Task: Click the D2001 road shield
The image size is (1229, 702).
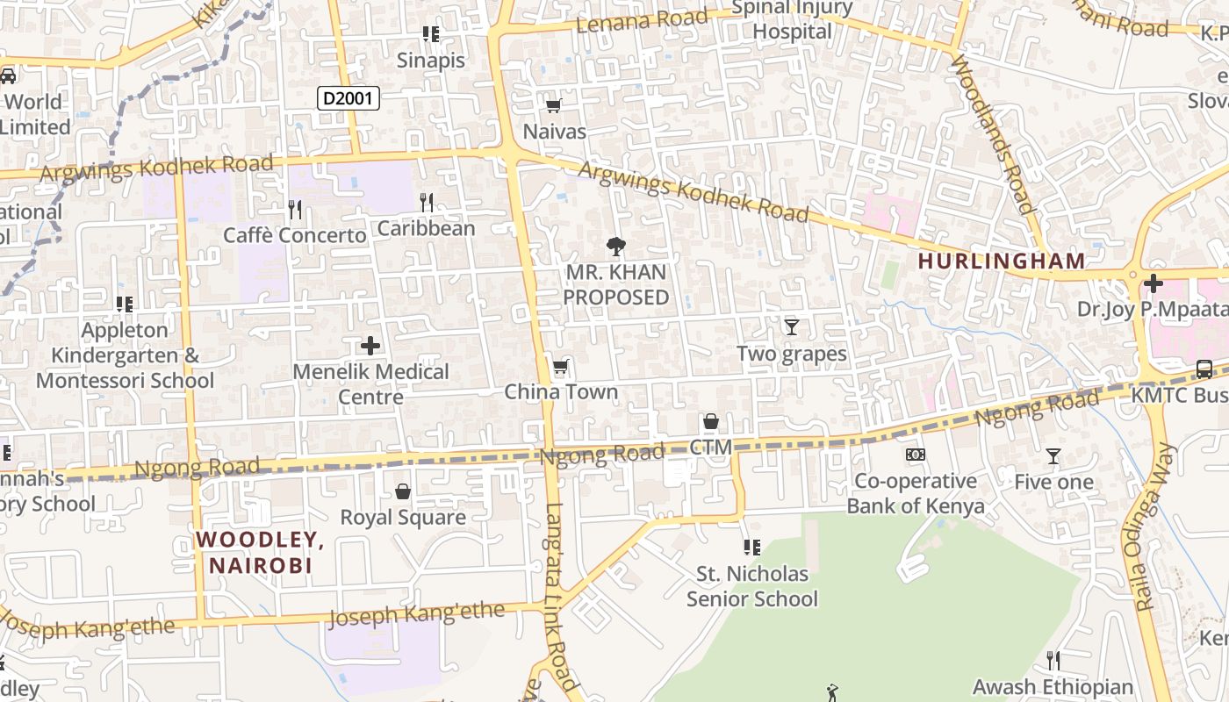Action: [349, 98]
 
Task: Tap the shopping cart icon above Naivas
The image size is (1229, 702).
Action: [553, 106]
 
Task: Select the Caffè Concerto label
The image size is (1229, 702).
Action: [294, 235]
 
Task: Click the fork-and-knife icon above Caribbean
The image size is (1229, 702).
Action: [427, 203]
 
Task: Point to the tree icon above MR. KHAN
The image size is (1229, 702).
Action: [616, 247]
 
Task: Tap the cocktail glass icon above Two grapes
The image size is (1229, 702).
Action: [792, 327]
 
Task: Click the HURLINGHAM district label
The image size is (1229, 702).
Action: [1002, 261]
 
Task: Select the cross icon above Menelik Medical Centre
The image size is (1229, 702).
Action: [370, 346]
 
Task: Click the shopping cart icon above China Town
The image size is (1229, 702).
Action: [560, 366]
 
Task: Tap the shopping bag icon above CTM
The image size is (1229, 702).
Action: [711, 422]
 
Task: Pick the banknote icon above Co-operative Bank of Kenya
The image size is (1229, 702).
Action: [916, 455]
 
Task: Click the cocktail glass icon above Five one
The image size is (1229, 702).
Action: [1053, 456]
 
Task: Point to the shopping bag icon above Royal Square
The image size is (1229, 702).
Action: [403, 491]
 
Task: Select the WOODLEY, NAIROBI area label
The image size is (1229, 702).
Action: [260, 552]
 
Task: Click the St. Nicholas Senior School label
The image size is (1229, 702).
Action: [751, 586]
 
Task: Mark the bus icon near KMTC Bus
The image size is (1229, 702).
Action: [1204, 369]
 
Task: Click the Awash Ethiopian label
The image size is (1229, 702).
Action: [1053, 687]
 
